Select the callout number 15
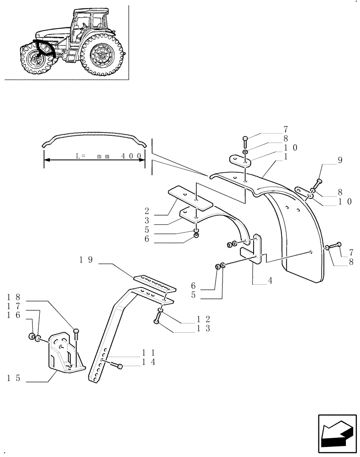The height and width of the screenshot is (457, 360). pyautogui.click(x=14, y=378)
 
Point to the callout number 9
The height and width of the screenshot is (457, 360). pyautogui.click(x=339, y=160)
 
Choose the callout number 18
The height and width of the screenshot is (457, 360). pyautogui.click(x=14, y=298)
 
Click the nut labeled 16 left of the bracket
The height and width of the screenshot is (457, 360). pyautogui.click(x=33, y=337)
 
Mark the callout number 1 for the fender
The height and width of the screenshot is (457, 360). pyautogui.click(x=286, y=157)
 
